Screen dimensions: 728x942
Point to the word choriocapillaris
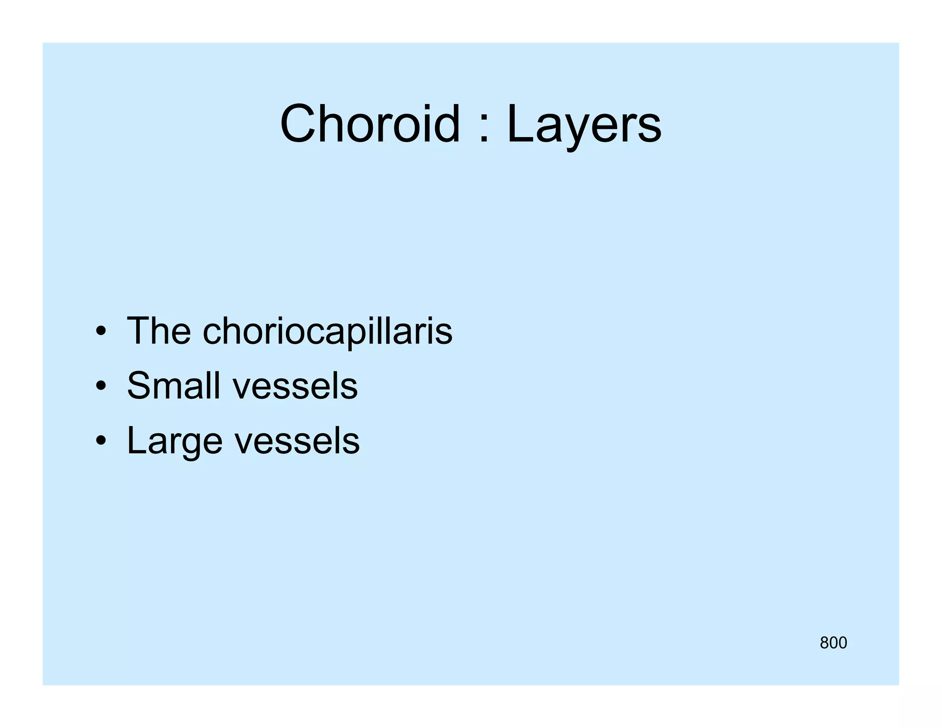pos(327,331)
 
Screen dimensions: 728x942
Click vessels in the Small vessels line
pos(295,387)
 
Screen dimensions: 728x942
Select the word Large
pos(175,441)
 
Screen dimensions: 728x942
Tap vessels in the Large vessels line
pos(297,442)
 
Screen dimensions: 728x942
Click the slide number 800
pos(833,643)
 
